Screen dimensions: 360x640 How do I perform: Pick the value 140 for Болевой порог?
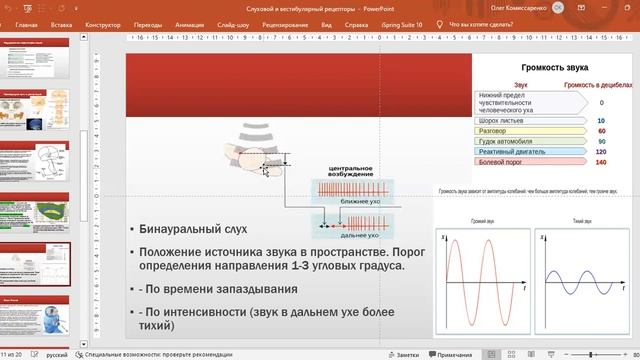pos(601,162)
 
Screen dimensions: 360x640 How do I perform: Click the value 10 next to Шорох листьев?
pos(601,120)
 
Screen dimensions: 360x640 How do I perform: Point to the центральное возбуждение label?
pos(350,172)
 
